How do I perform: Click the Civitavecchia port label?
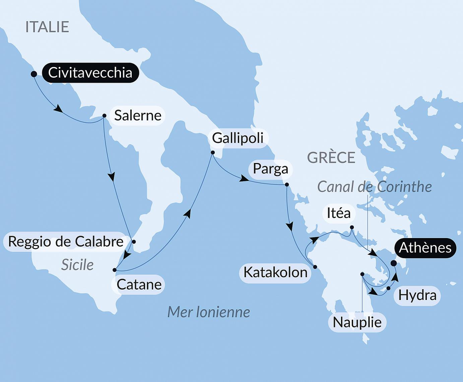(90, 73)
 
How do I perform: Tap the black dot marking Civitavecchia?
(34, 74)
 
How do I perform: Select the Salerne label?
(138, 116)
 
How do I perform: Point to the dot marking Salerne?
(104, 116)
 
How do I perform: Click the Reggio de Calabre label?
(66, 241)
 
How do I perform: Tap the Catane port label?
(139, 285)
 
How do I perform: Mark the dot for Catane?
(115, 270)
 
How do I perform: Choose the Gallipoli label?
(238, 138)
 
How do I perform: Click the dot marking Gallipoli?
(212, 152)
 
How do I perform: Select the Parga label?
(270, 168)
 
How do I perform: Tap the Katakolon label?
(275, 272)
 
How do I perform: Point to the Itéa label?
(339, 213)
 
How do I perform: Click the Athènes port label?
(425, 248)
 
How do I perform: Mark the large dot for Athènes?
(394, 263)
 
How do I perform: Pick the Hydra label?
(417, 295)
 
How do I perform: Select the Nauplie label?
(357, 322)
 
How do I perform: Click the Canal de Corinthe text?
(374, 187)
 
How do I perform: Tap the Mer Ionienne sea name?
(208, 312)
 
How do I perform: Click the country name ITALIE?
(47, 27)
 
